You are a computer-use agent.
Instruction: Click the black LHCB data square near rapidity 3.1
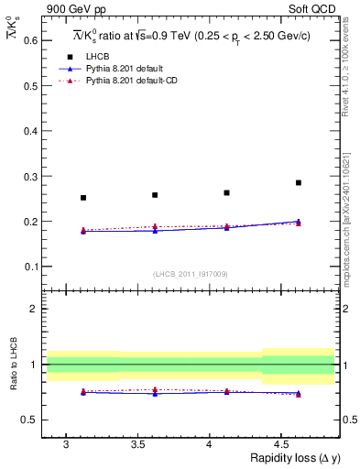[x=83, y=198]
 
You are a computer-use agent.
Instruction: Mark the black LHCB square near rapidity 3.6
[x=155, y=195]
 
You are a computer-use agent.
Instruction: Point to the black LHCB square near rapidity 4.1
[x=226, y=192]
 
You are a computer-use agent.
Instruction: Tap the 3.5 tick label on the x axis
[x=137, y=444]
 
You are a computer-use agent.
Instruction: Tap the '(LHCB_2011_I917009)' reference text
[x=191, y=274]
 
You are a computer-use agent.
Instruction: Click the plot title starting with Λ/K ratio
[x=191, y=37]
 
